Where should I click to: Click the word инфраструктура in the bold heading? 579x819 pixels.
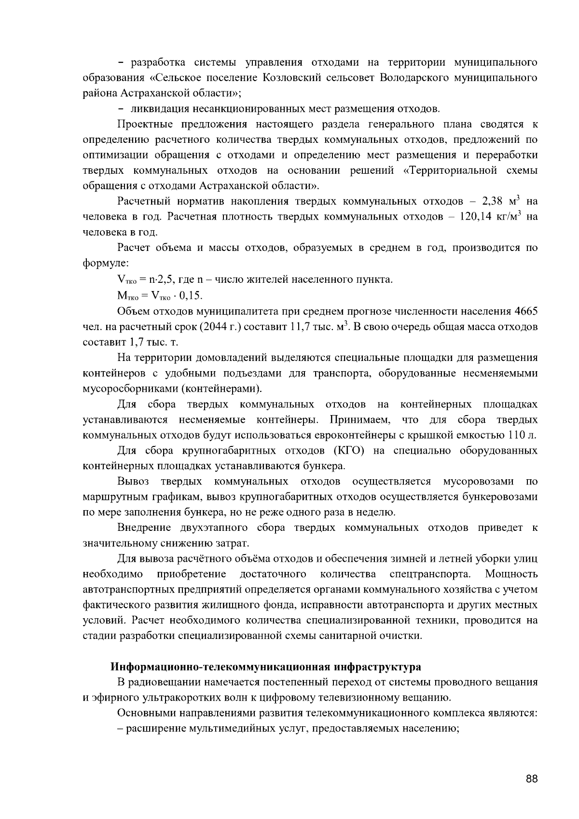click(377, 667)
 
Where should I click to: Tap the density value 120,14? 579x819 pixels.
click(476, 217)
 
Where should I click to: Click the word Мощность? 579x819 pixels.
click(511, 574)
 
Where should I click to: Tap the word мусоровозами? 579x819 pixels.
click(478, 482)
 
